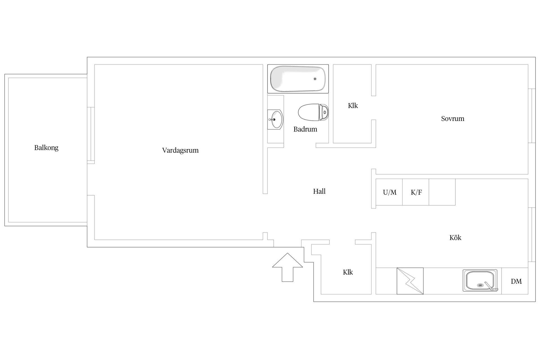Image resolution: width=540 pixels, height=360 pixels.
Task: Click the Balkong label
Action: pyautogui.click(x=46, y=148)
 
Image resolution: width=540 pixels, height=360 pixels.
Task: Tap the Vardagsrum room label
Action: pyautogui.click(x=180, y=150)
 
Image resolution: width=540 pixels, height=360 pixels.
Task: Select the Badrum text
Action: pyautogui.click(x=305, y=129)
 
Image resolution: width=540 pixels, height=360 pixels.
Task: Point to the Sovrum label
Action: pyautogui.click(x=453, y=119)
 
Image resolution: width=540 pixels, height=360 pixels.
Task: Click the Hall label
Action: pyautogui.click(x=319, y=192)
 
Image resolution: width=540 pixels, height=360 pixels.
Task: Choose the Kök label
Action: pyautogui.click(x=455, y=238)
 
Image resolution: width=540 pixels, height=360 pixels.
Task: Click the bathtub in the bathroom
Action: pyautogui.click(x=298, y=79)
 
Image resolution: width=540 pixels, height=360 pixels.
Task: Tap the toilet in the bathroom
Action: pyautogui.click(x=313, y=112)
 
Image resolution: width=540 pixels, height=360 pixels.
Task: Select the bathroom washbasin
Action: pyautogui.click(x=275, y=119)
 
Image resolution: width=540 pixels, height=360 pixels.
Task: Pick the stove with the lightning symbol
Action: pyautogui.click(x=410, y=281)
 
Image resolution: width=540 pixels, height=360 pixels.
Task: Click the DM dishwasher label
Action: pyautogui.click(x=516, y=282)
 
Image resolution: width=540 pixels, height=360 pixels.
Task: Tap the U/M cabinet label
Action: pyautogui.click(x=390, y=192)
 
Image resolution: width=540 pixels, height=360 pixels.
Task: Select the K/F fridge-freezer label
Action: pyautogui.click(x=416, y=192)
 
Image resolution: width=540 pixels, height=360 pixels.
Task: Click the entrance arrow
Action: pyautogui.click(x=287, y=267)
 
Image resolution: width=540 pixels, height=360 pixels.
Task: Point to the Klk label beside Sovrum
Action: pyautogui.click(x=353, y=106)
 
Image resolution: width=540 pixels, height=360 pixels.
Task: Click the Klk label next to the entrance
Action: pyautogui.click(x=348, y=272)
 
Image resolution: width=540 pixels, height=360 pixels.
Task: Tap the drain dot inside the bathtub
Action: pyautogui.click(x=315, y=79)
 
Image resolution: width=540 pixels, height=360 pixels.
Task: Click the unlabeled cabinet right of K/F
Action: pyautogui.click(x=442, y=192)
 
